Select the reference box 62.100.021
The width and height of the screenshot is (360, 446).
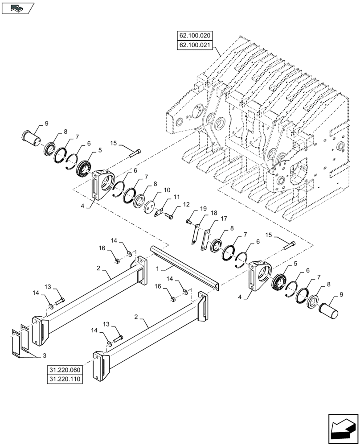click(195, 45)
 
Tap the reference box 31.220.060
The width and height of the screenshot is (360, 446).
click(64, 370)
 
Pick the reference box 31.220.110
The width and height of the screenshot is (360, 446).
click(64, 379)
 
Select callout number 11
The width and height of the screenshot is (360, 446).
click(177, 197)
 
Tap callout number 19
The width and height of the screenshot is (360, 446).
click(203, 209)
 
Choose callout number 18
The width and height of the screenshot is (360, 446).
click(214, 214)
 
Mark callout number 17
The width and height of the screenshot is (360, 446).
click(223, 219)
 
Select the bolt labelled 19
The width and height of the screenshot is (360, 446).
click(189, 221)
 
